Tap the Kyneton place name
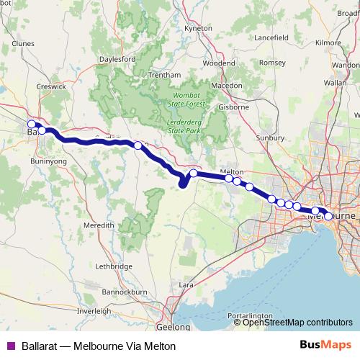(199, 27)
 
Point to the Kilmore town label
(328, 43)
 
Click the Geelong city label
(173, 327)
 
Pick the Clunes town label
(24, 43)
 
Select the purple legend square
(11, 346)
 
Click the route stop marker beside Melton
(228, 179)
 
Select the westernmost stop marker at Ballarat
(31, 124)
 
